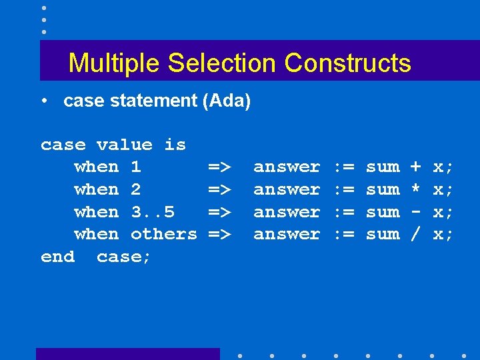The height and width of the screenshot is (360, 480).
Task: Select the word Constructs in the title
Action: click(x=347, y=63)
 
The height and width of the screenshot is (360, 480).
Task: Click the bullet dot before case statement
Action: click(x=43, y=102)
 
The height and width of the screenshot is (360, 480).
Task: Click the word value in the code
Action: click(x=125, y=145)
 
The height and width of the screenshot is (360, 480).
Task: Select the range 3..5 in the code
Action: click(x=153, y=212)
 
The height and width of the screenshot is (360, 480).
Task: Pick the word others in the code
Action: click(x=164, y=234)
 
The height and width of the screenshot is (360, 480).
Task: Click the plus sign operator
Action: click(x=415, y=167)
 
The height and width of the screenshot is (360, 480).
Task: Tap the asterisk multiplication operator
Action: click(x=415, y=189)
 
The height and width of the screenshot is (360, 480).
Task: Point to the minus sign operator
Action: click(x=415, y=212)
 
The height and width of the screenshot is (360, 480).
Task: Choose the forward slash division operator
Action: click(x=415, y=234)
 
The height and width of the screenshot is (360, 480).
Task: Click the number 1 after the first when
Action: click(x=136, y=167)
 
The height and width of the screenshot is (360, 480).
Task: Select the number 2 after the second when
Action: click(x=136, y=189)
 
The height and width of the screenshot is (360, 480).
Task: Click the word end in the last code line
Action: click(x=57, y=257)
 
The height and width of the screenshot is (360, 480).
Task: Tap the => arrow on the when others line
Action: click(x=219, y=234)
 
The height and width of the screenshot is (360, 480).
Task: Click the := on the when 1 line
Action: click(x=343, y=167)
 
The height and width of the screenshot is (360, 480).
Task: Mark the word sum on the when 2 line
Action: click(x=383, y=189)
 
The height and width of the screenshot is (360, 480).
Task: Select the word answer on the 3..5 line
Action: click(x=287, y=212)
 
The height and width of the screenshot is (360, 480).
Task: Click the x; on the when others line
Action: click(x=443, y=234)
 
